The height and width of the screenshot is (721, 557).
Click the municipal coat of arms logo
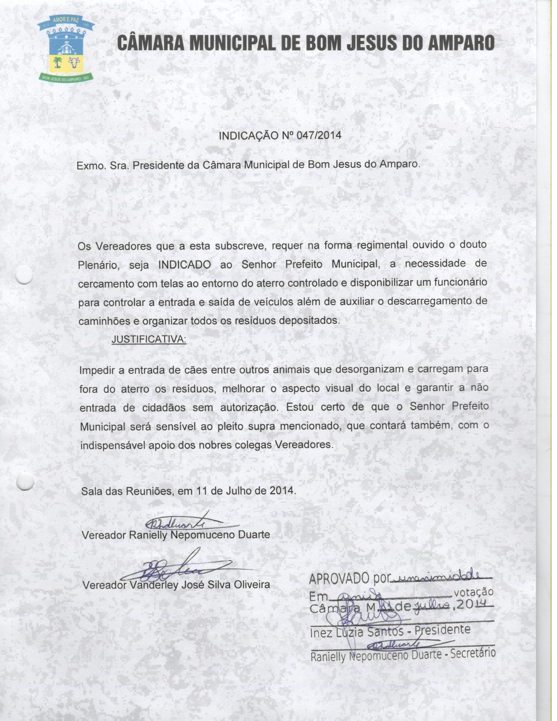coord(65,48)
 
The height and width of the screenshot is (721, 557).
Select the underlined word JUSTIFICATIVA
coord(149,339)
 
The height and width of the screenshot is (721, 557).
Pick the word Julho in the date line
coord(239,490)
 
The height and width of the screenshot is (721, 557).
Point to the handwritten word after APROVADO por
coord(441,577)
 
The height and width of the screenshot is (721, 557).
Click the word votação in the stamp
coord(474,592)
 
